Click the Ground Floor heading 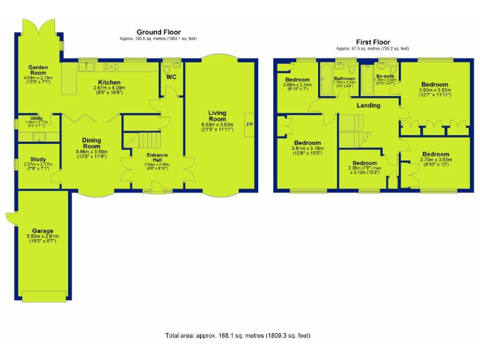[x=159, y=32]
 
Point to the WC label [x=171, y=78]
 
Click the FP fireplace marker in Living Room [x=249, y=124]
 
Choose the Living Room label [x=217, y=116]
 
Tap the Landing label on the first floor [x=368, y=106]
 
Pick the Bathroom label [x=344, y=77]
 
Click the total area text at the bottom [x=237, y=336]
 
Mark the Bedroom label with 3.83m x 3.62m [x=434, y=84]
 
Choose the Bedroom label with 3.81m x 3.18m [x=307, y=142]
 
